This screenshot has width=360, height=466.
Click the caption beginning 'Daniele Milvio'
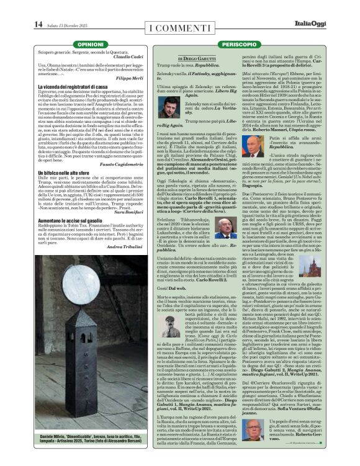coord(90,445)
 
